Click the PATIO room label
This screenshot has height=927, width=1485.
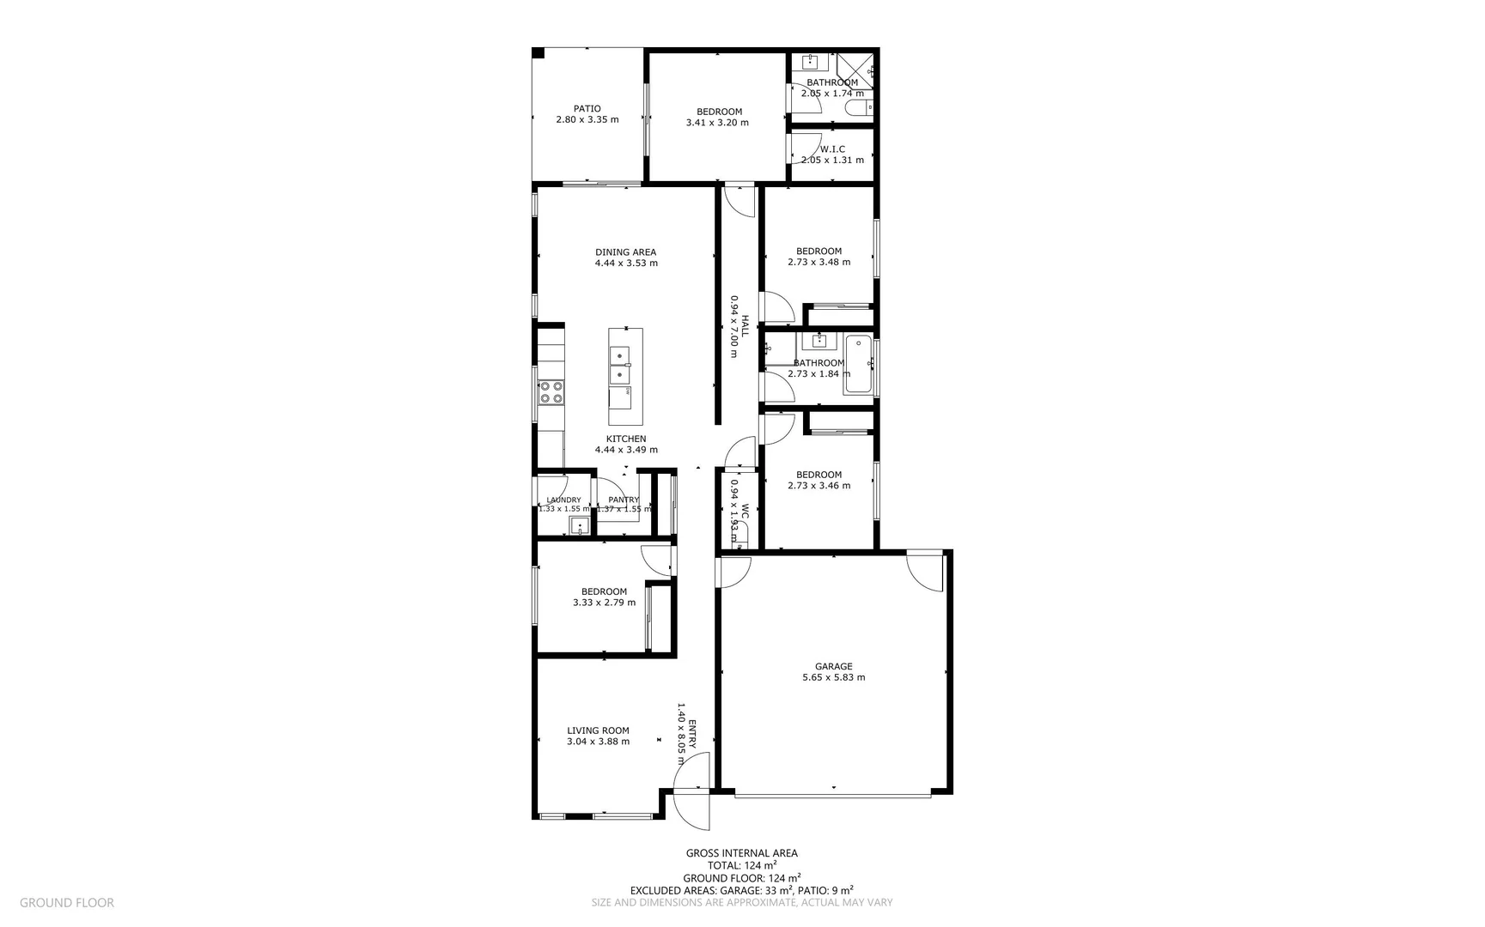[x=587, y=109]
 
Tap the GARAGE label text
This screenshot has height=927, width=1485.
[x=833, y=666]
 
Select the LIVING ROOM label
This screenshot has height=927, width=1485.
[x=598, y=731]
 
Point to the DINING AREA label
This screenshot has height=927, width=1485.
[x=625, y=252]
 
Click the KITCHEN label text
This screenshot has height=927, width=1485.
[x=626, y=439]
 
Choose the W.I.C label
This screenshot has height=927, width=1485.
[x=832, y=149]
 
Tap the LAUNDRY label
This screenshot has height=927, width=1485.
[x=563, y=500]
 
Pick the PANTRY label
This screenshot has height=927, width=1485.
[x=624, y=500]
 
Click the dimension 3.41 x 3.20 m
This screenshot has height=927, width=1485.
[x=717, y=123]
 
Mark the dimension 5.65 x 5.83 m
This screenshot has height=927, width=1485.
[x=833, y=677]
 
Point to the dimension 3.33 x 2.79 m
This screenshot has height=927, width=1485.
[x=604, y=603]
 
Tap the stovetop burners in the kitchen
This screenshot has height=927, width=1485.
[x=551, y=392]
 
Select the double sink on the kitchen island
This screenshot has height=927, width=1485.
[x=619, y=365]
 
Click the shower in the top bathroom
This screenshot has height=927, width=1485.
[x=855, y=66]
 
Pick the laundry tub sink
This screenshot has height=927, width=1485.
[x=580, y=526]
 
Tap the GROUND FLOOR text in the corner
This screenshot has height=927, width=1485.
[x=66, y=902]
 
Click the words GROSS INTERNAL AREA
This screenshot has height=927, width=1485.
[x=741, y=853]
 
